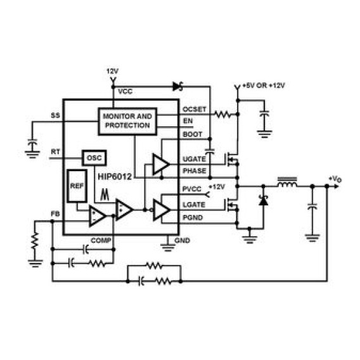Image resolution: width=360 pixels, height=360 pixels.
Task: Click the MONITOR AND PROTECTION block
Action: pos(127,121)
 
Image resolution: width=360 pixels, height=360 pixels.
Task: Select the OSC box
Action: pos(94,158)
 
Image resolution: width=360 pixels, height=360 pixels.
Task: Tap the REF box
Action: pos(77,186)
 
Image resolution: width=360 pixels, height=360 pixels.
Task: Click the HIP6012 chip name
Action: pos(115,177)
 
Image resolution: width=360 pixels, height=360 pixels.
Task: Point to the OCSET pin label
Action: pos(194,110)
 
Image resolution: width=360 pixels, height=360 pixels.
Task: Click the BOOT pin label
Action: pos(193,134)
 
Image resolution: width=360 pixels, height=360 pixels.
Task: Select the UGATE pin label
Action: pos(194,159)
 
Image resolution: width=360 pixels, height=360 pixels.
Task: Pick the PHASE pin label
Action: pos(194,171)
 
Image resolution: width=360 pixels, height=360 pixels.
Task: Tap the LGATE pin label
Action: pos(194,205)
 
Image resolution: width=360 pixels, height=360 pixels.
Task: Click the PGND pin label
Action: pos(193,217)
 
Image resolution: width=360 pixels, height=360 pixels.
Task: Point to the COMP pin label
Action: pos(101,240)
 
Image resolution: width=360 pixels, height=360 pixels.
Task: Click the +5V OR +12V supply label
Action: pos(264,86)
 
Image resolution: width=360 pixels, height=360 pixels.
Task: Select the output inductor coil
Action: pos(287,183)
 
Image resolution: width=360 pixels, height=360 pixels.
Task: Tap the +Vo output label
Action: pos(335,179)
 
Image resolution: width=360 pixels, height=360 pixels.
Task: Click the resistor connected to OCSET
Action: pos(222,114)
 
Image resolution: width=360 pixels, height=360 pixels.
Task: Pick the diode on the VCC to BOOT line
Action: pos(177,87)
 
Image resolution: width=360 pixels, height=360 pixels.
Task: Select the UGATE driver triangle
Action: pos(162,164)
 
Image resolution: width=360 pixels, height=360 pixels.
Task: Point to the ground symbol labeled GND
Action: pos(168,247)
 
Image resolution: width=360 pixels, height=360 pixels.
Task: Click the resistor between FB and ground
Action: pos(35,240)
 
